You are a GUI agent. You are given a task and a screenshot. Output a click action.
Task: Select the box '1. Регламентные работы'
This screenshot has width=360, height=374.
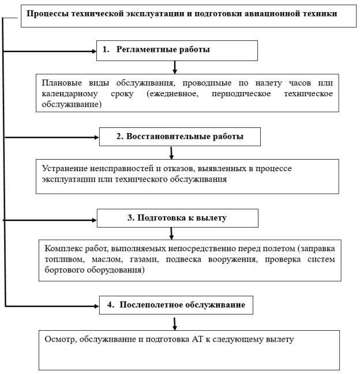pos(176,50)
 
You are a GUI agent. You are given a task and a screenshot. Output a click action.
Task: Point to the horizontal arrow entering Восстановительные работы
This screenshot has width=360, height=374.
pos(52,138)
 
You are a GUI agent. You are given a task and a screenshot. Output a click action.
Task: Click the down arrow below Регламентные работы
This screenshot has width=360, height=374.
pos(174,66)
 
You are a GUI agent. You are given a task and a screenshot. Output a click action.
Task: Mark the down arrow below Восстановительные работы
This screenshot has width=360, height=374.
pos(171,152)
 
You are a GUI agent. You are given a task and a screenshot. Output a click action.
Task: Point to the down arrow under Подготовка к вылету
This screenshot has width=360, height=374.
pos(172,233)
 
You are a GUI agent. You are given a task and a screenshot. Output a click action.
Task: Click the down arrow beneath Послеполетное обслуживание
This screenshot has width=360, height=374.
pos(174,322)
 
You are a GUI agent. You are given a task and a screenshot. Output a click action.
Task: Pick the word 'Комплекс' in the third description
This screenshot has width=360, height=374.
pos(63,248)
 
